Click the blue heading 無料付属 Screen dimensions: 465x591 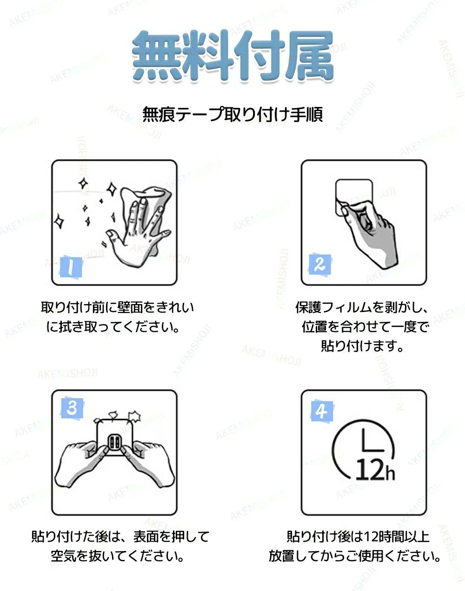233,56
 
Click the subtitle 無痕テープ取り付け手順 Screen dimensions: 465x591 232,114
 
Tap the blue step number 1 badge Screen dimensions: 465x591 71,267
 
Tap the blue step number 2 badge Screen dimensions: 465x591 320,264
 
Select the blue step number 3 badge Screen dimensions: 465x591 72,407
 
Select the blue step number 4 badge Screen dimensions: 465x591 322,412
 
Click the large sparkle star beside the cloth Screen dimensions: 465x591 112,190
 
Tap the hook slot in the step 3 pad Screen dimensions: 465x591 114,442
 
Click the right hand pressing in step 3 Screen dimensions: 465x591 148,461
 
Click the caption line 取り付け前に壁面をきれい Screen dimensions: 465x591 118,307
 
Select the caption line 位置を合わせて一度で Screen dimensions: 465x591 365,327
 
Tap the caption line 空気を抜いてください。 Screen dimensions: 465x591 118,556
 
